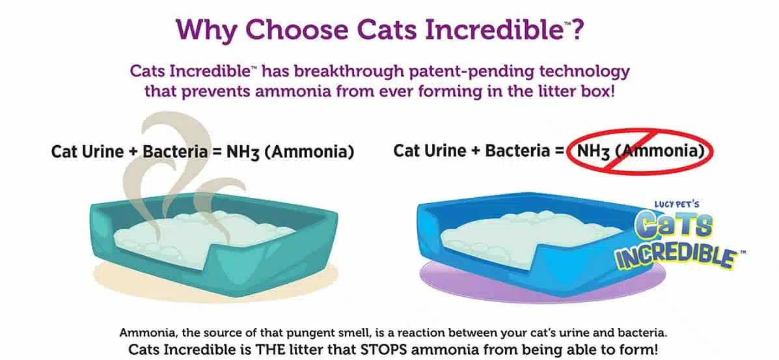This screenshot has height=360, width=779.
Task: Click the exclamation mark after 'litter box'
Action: pos(612,92)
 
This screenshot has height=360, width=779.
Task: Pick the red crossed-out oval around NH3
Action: pos(641,150)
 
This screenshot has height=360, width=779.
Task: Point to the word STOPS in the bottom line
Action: pos(386,348)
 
